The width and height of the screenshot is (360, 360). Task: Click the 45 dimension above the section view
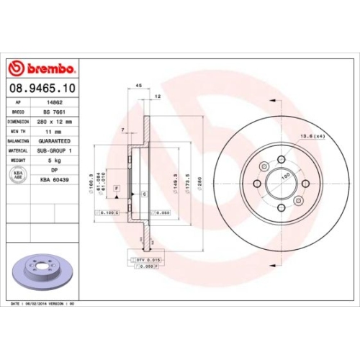[x=138, y=86]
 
